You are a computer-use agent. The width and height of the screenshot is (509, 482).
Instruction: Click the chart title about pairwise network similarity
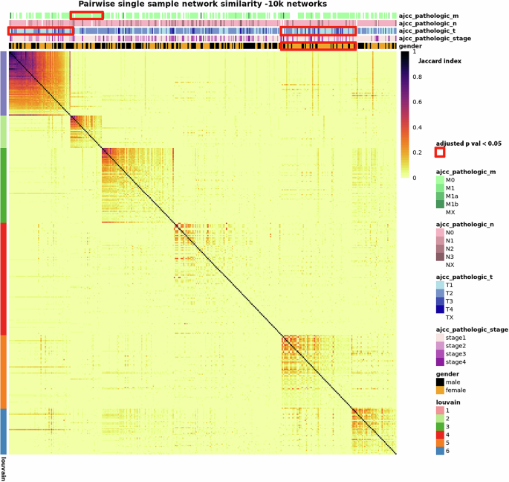[x=202, y=4]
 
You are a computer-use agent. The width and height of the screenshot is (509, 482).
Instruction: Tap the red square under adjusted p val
[x=440, y=152]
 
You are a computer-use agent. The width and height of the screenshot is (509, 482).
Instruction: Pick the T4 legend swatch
[x=440, y=309]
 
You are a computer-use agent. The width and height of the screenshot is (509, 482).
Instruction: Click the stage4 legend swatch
[x=440, y=361]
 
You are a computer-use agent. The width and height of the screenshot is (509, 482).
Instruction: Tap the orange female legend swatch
[x=440, y=391]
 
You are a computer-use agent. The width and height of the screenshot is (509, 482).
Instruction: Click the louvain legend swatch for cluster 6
[x=440, y=451]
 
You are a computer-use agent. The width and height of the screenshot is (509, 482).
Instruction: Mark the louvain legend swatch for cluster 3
[x=440, y=427]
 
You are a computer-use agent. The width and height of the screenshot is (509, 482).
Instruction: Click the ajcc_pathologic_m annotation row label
[x=431, y=15]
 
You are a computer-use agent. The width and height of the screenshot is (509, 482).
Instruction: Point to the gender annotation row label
[x=412, y=46]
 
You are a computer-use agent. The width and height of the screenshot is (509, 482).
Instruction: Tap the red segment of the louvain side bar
[x=4, y=278]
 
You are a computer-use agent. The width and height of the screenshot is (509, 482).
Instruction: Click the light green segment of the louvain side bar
[x=4, y=131]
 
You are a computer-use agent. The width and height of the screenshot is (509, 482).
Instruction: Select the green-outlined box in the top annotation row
[x=87, y=16]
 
